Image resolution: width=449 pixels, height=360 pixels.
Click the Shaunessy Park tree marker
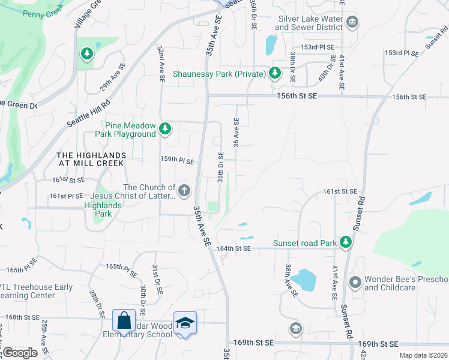tap(275, 74)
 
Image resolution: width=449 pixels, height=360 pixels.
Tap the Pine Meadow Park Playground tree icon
tap(164, 128)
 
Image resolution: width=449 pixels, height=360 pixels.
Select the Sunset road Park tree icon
tap(345, 242)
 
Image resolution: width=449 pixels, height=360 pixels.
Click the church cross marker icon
tap(184, 191)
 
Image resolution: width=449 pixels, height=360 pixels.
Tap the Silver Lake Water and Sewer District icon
tap(352, 23)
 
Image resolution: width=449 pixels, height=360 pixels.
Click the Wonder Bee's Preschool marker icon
tap(355, 281)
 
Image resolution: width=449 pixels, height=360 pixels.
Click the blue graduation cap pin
tap(185, 323)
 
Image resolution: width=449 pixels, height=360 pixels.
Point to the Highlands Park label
tap(102, 209)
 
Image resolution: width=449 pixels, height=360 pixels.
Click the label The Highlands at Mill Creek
tap(90, 159)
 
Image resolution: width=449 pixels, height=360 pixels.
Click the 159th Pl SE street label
tap(177, 161)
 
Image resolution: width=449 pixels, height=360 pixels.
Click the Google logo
tap(20, 353)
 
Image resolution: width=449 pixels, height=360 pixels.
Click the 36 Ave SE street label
tap(237, 133)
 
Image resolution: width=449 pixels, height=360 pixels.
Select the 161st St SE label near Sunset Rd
tap(340, 191)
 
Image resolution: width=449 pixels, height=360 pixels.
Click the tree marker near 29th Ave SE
tap(88, 55)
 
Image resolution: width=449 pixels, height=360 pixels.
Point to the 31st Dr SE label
tap(157, 279)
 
